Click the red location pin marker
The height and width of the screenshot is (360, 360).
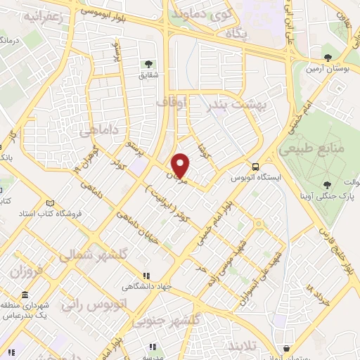(x=181, y=165)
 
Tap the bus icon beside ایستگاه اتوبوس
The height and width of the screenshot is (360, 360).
(x=255, y=167)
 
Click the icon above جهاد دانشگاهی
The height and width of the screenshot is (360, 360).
(x=146, y=276)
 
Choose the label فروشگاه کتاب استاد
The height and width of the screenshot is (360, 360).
(x=51, y=212)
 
